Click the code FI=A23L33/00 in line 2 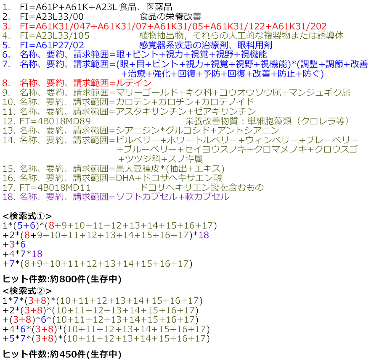pyautogui.click(x=52, y=17)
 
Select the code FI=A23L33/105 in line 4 pyautogui.click(x=55, y=36)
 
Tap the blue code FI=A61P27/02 pyautogui.click(x=52, y=45)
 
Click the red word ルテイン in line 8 pyautogui.click(x=134, y=83)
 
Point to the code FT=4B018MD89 pyautogui.click(x=55, y=121)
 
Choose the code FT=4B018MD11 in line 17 pyautogui.click(x=55, y=187)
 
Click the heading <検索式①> pyautogui.click(x=27, y=216)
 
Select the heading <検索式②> pyautogui.click(x=27, y=291)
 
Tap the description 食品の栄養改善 pyautogui.click(x=170, y=17)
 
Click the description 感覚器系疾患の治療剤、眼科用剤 pyautogui.click(x=206, y=45)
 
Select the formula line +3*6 pyautogui.click(x=14, y=244)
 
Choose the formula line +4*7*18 pyautogui.click(x=22, y=254)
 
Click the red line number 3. pyautogui.click(x=6, y=26)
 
